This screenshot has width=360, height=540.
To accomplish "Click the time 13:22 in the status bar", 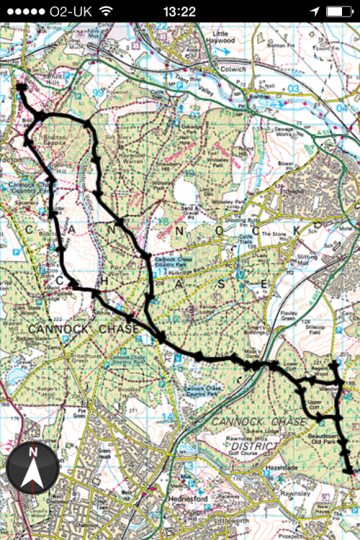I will (x=179, y=11).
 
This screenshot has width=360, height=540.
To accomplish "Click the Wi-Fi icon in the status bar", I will (x=107, y=11).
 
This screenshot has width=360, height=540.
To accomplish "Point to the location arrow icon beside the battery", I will (x=315, y=11).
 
